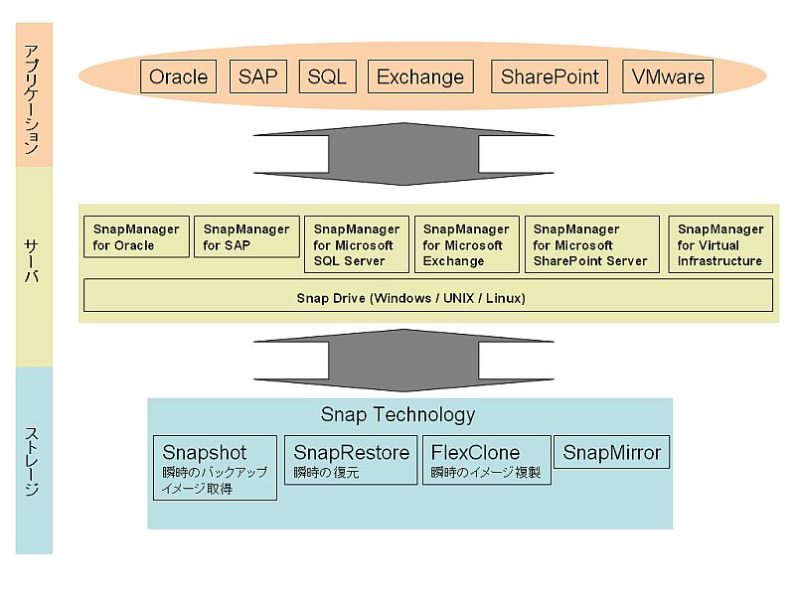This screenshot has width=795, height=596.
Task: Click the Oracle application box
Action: pos(179,76)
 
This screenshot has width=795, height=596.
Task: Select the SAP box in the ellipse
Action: pos(258,76)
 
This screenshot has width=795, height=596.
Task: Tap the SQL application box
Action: pos(328,76)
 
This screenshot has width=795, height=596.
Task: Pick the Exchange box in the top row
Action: pos(420,76)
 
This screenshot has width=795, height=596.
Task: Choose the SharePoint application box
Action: pos(550,76)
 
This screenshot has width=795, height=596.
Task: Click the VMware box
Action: pos(668,76)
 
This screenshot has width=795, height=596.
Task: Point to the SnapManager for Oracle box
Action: pos(136,236)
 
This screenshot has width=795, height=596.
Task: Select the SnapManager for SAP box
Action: pos(246,236)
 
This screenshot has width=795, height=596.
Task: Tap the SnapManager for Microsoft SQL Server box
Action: pos(357,244)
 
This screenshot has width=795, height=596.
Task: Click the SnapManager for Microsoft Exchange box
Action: pos(467,244)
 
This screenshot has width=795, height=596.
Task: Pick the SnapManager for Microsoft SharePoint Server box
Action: pos(592,244)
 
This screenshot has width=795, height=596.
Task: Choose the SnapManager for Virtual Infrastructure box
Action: pos(720,244)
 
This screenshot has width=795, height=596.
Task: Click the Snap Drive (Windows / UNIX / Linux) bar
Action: pos(428,295)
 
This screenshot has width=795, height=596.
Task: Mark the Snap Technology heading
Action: pos(398,414)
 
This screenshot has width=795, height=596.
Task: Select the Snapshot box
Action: pos(215,468)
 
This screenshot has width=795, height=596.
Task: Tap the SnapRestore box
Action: pos(351,460)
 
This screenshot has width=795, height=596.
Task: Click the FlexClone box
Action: pos(487,460)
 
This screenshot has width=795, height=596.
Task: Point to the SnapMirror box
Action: pos(611,452)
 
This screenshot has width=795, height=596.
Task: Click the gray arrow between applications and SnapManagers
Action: pos(403,154)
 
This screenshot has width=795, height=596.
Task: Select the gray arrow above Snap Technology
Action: pos(403,361)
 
